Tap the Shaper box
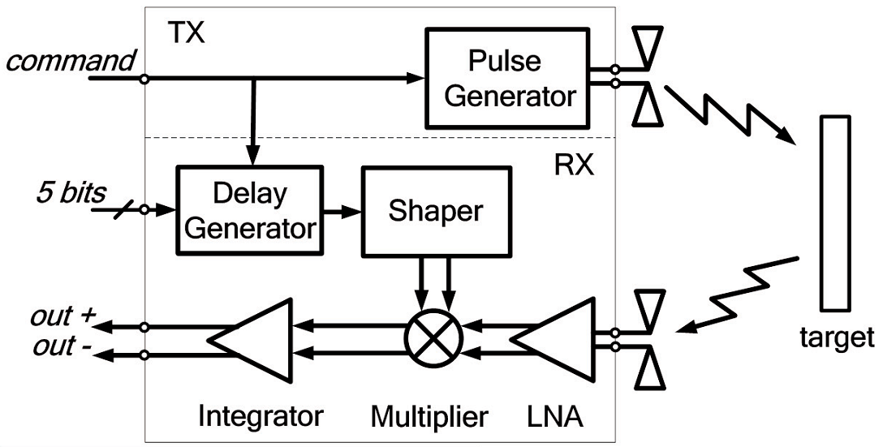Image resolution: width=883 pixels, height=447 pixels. (x=435, y=210)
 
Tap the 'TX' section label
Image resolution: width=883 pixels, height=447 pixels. (x=186, y=32)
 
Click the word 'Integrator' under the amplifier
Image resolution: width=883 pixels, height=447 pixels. (x=261, y=416)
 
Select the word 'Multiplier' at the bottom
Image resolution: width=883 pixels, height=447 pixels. (x=429, y=417)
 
